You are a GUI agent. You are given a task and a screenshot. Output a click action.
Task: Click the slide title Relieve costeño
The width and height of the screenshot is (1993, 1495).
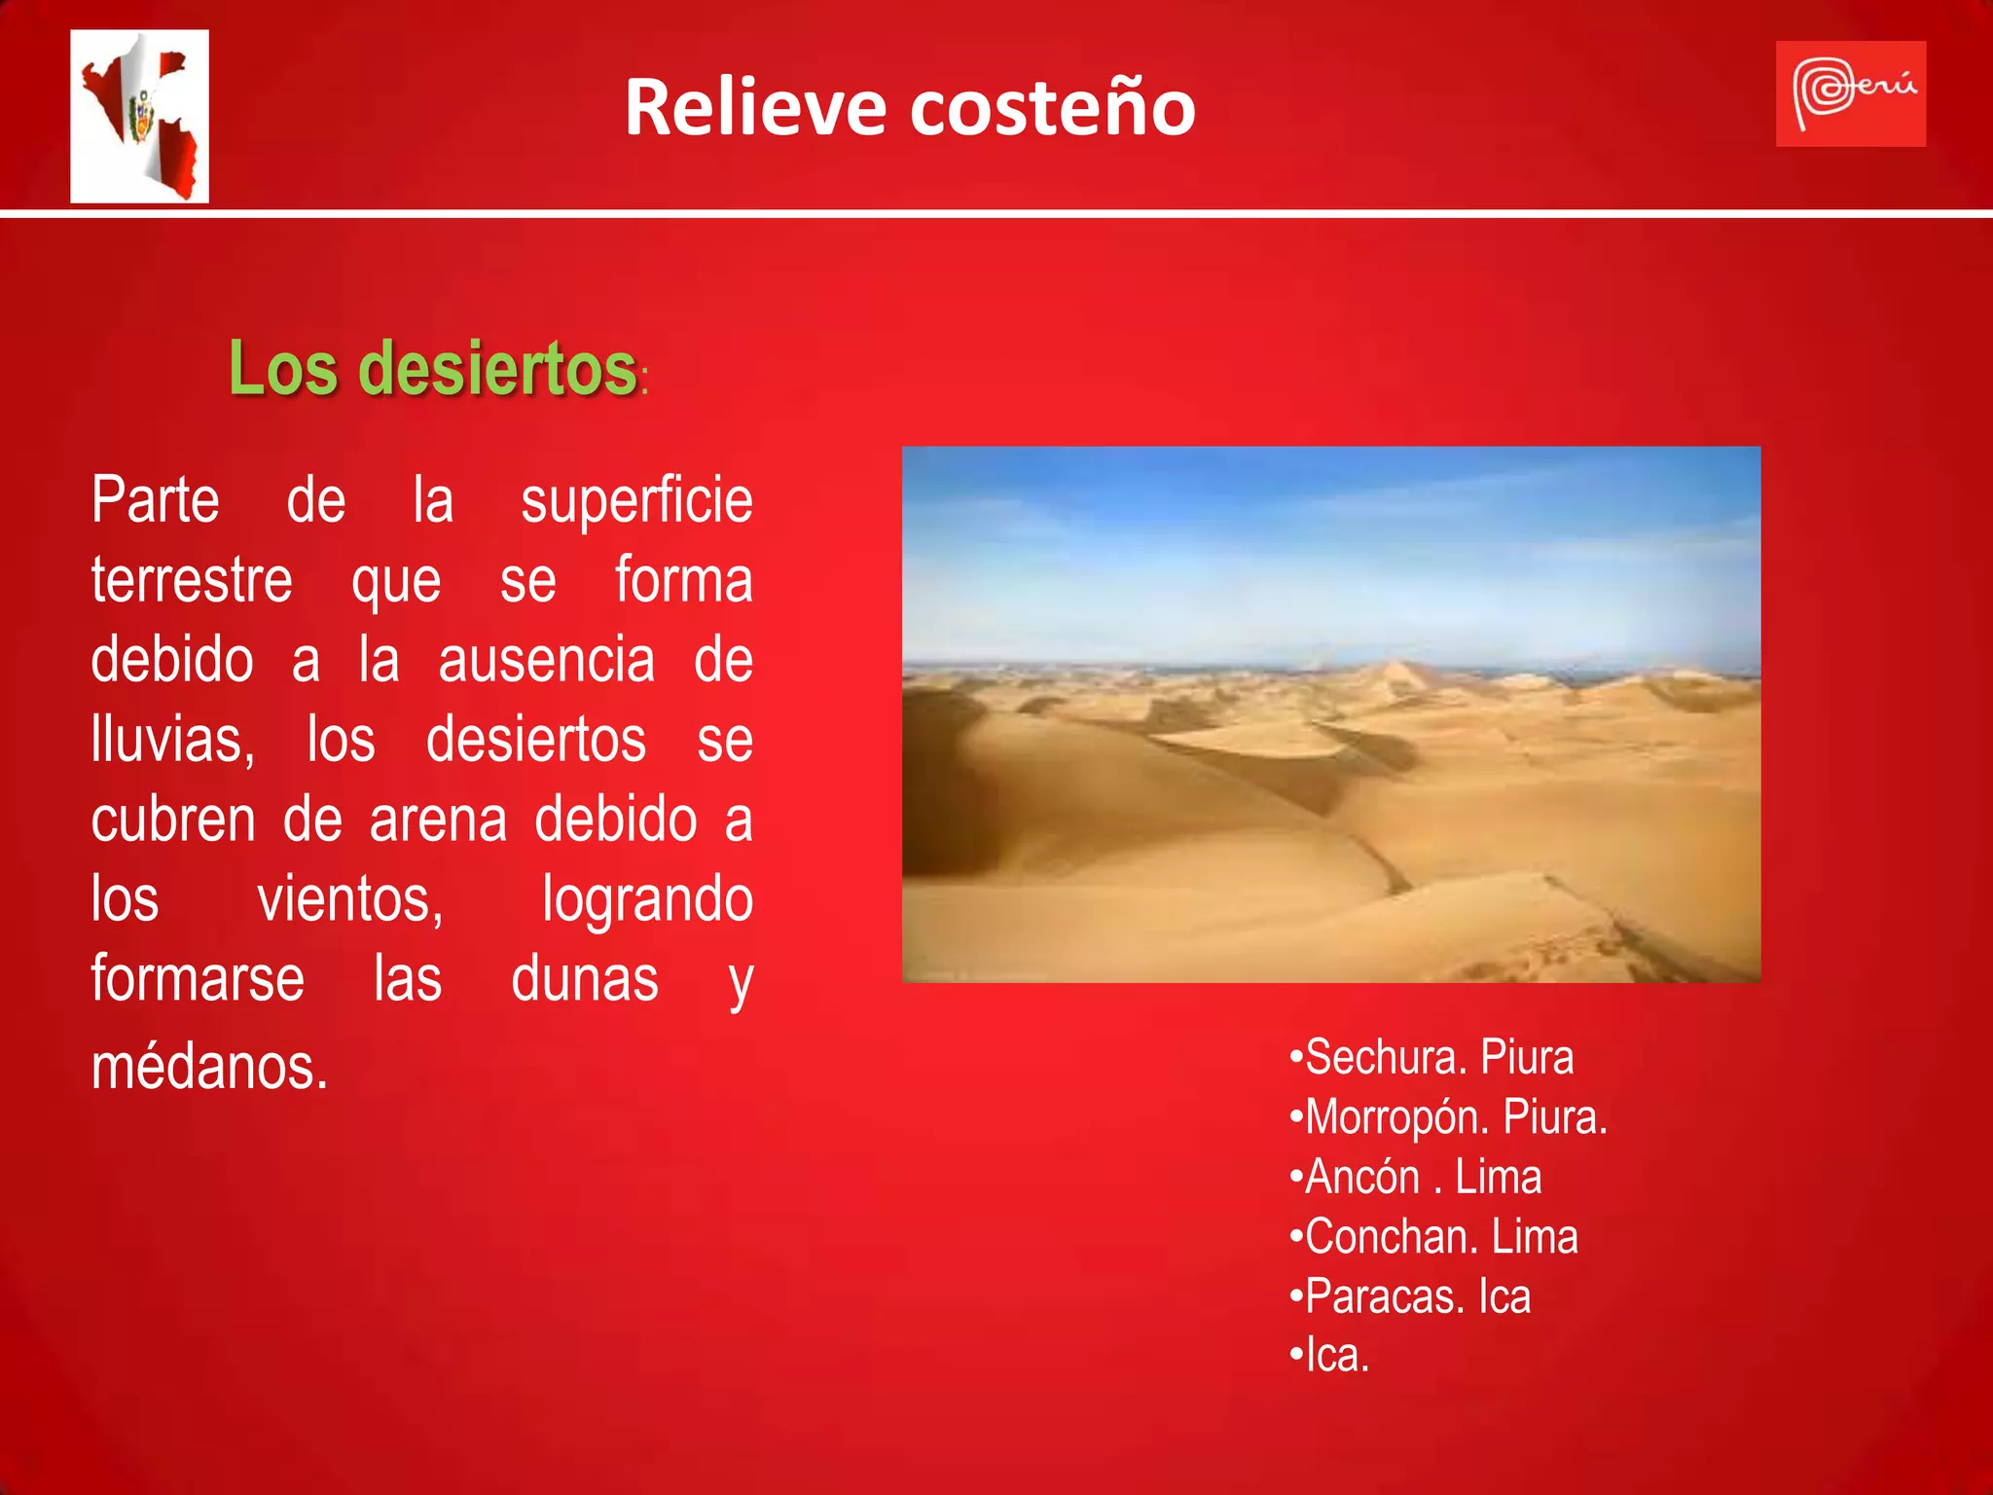point(910,107)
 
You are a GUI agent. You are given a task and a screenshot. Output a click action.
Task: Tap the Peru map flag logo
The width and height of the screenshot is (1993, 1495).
point(140,116)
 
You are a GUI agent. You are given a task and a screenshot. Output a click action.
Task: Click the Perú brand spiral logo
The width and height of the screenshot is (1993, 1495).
point(1850,94)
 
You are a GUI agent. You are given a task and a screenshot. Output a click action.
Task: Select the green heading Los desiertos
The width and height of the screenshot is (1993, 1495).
point(433,369)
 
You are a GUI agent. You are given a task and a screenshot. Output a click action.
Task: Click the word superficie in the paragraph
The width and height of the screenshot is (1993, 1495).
point(636,501)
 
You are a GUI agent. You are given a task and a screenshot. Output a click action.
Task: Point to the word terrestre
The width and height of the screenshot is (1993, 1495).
point(192,581)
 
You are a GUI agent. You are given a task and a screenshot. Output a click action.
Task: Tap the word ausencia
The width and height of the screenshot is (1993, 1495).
point(547,661)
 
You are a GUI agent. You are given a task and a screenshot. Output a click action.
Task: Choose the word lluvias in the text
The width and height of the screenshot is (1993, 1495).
point(172,740)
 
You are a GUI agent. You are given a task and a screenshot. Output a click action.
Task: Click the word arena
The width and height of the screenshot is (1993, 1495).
point(438,820)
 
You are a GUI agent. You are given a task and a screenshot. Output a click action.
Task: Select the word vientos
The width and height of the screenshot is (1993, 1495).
point(350,899)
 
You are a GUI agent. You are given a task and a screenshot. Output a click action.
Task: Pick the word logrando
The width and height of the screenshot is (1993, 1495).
point(647,899)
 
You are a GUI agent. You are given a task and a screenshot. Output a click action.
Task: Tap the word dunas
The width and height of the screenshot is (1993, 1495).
point(585,979)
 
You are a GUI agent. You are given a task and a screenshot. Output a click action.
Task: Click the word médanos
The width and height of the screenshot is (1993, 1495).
point(209,1067)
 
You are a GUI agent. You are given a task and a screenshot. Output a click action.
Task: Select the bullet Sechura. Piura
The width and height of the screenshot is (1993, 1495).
point(1431,1057)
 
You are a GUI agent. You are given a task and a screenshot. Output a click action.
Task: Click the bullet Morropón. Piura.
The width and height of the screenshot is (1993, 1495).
point(1448,1117)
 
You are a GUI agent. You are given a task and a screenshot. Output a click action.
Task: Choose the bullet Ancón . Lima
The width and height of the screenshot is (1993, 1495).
point(1416,1178)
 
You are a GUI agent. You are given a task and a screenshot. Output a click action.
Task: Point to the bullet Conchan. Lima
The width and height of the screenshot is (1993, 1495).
point(1433,1237)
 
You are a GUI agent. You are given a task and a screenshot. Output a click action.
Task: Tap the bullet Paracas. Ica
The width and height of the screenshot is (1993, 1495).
point(1410,1297)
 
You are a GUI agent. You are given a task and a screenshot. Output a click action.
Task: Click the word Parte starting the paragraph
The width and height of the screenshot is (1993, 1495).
point(156,501)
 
